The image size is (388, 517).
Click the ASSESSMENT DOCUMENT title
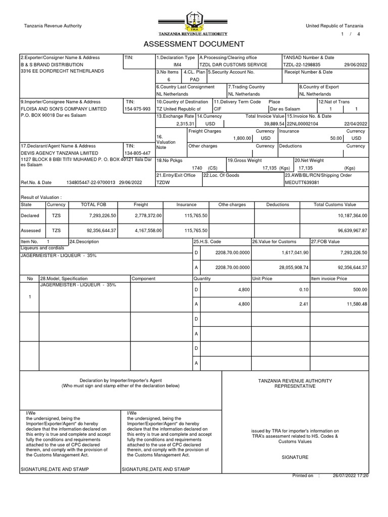(x=194, y=44)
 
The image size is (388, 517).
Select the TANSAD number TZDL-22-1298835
(x=303, y=65)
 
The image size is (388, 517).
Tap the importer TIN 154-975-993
(x=137, y=109)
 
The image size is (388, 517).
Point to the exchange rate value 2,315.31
(x=185, y=123)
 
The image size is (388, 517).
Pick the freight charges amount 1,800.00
(x=242, y=138)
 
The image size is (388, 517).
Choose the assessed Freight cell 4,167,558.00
(x=147, y=230)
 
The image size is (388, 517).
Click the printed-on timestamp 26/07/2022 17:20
(x=350, y=476)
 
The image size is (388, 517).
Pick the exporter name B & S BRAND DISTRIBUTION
(x=52, y=65)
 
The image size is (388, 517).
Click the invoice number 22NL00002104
(x=302, y=123)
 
